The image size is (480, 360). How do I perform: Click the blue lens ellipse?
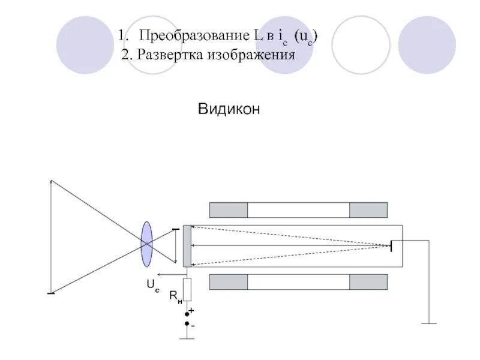[x=147, y=244]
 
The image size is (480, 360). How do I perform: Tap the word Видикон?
[x=229, y=109]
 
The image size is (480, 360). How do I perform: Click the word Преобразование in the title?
[x=190, y=36]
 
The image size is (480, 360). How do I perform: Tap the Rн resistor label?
[x=175, y=296]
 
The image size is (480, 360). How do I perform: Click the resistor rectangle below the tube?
[x=187, y=289]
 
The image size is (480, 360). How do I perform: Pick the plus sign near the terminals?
[x=191, y=311]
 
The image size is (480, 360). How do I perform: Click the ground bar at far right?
[x=428, y=324]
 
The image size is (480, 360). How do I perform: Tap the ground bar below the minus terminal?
[x=187, y=338]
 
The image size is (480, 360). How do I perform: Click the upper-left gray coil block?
[x=228, y=210]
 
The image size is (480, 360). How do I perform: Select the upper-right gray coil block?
[x=368, y=210]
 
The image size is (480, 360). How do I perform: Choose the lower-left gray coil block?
[x=228, y=283]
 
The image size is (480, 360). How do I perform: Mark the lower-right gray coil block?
[x=368, y=283]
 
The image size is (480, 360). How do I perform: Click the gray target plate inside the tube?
[x=188, y=245]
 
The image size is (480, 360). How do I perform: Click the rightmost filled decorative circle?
[x=427, y=44]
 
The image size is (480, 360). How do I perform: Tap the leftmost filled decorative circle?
[x=85, y=44]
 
